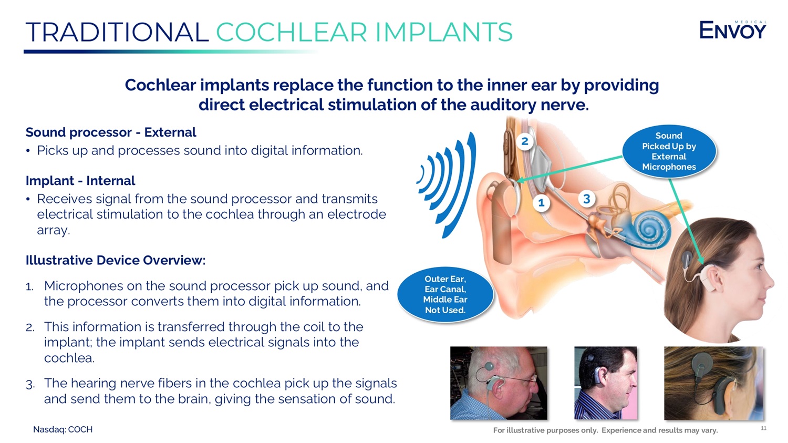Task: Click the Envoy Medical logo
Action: point(732,30)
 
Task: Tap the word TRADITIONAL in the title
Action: point(117,32)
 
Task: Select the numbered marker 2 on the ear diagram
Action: point(524,141)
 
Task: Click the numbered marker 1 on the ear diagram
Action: point(541,203)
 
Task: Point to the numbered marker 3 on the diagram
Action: point(586,199)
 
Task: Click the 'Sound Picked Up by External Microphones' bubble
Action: point(669,151)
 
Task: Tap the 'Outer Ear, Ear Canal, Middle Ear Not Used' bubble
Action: point(445,294)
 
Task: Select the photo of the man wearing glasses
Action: point(499,383)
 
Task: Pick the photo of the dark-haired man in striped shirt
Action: point(605,383)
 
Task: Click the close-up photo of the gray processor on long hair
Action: point(713,383)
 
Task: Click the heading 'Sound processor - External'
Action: point(111,132)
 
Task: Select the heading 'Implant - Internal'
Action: point(80,180)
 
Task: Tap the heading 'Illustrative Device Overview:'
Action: point(116,260)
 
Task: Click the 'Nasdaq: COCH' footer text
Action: point(63,429)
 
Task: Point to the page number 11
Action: point(763,428)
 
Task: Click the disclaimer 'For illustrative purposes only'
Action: point(546,430)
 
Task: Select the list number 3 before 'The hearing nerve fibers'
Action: point(30,384)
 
